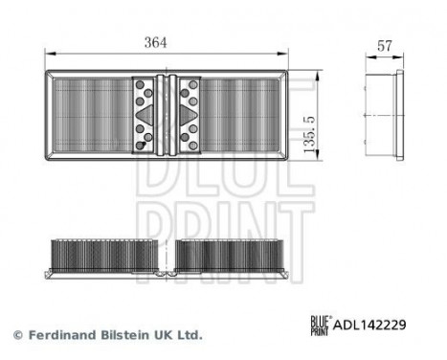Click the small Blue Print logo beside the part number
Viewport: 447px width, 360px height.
click(321, 325)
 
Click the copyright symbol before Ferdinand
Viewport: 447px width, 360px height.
click(17, 335)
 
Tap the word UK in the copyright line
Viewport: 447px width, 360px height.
click(164, 335)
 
